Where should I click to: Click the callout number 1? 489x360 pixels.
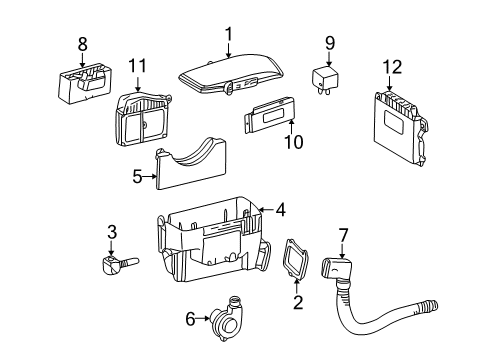pos(229,35)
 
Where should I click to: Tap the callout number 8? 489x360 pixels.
pos(83,44)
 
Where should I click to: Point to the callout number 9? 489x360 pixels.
pos(328,43)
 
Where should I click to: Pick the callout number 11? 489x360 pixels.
pos(137,67)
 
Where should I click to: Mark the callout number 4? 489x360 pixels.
pos(280,210)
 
